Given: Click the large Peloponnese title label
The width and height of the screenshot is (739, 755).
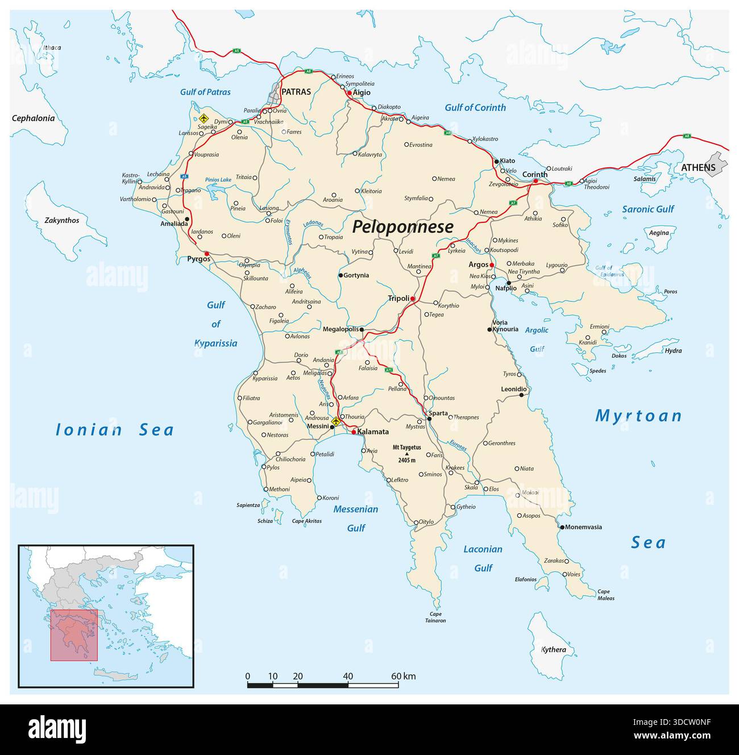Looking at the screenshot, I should click(x=402, y=227).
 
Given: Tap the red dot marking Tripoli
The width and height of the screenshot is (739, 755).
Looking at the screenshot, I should click(x=413, y=298).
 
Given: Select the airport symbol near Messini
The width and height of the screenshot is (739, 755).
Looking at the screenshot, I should click(x=335, y=421).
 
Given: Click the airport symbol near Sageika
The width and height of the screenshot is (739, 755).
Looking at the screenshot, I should click(x=204, y=118).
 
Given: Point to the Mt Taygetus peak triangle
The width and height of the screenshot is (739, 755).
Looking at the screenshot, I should click(x=406, y=454).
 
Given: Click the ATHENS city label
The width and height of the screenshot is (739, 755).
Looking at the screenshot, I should click(x=698, y=167).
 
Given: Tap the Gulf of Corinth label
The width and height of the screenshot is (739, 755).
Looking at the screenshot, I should click(x=475, y=107).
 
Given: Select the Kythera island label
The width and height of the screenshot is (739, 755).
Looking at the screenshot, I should click(x=553, y=650).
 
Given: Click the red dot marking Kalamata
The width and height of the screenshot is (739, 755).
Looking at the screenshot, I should click(x=354, y=433).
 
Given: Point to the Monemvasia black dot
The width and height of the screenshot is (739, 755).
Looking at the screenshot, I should click(x=562, y=528).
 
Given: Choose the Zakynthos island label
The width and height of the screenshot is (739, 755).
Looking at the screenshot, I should click(x=62, y=220).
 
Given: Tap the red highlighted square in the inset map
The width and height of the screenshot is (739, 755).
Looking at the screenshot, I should click(x=74, y=635).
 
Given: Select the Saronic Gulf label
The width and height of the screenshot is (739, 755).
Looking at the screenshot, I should click(x=647, y=209).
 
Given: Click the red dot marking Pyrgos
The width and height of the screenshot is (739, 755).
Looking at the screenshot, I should click(x=207, y=254).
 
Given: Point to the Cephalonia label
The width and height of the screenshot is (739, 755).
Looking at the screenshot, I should click(x=34, y=118).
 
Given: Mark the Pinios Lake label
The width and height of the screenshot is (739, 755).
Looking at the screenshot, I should click(x=218, y=180).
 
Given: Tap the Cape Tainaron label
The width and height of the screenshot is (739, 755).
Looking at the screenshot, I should click(x=436, y=617).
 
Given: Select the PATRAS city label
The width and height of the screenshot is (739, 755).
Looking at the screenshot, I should click(x=296, y=92).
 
